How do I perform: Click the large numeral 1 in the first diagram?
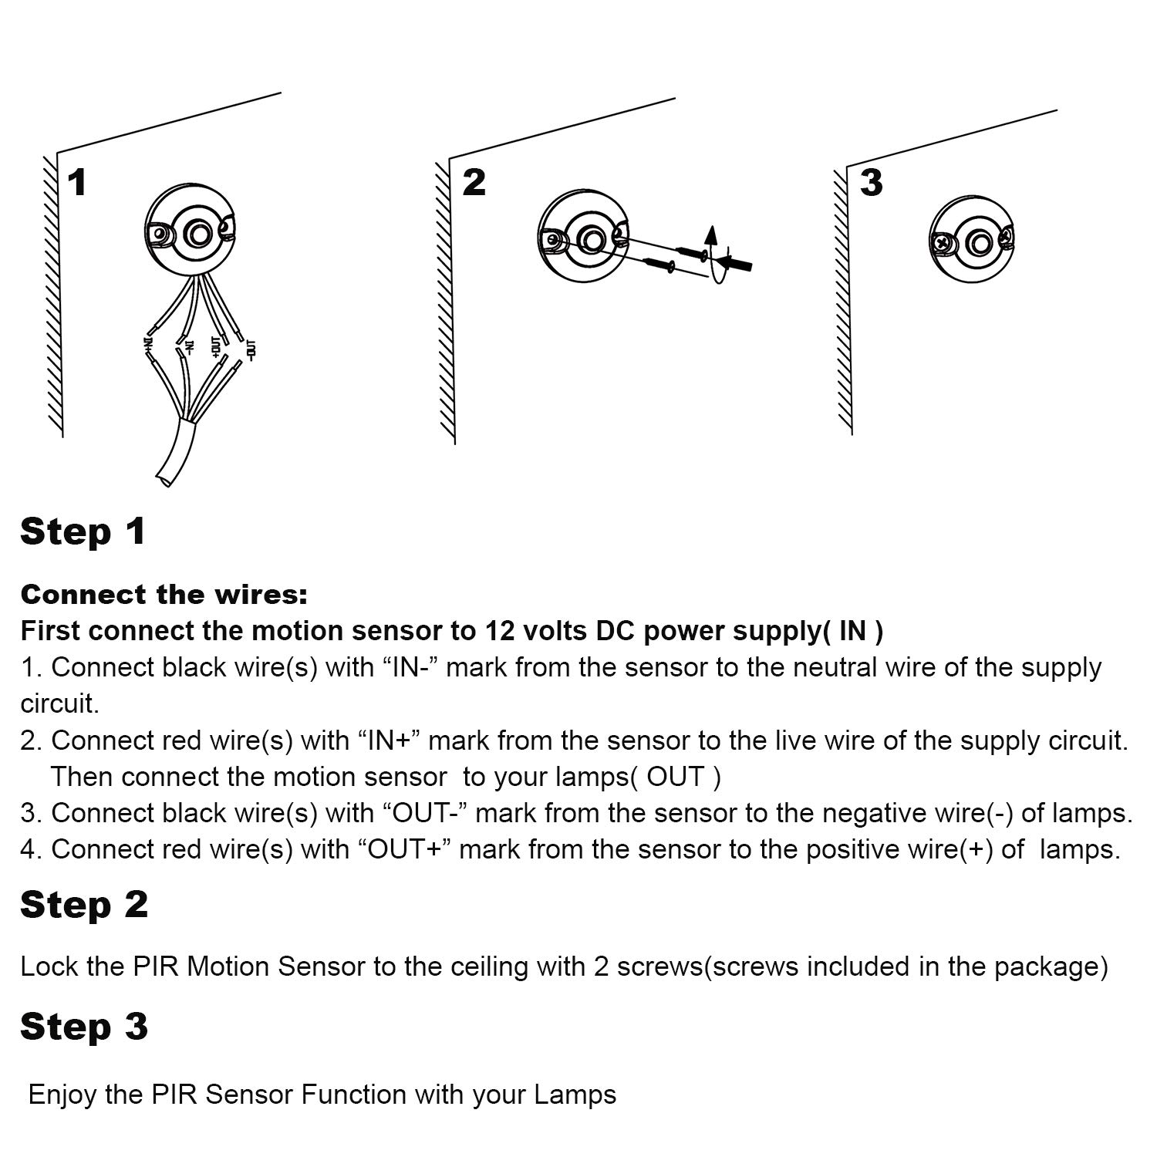click(77, 183)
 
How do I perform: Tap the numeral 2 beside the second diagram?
click(474, 182)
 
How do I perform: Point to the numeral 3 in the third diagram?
click(871, 183)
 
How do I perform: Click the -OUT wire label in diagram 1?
click(251, 349)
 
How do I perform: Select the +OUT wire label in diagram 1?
click(217, 346)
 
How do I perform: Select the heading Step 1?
click(83, 532)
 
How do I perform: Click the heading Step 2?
click(83, 905)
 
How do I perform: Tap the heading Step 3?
click(83, 1027)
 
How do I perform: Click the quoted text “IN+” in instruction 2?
click(389, 740)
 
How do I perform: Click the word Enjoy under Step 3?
click(61, 1095)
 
